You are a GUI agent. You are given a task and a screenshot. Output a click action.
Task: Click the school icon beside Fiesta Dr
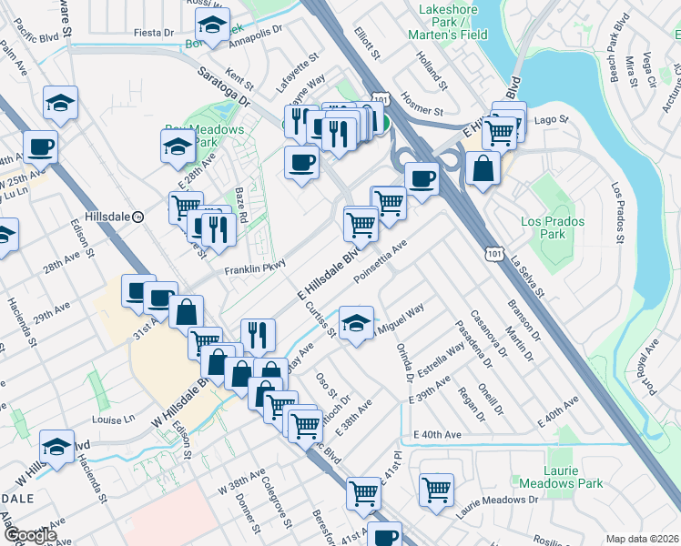point(212,26)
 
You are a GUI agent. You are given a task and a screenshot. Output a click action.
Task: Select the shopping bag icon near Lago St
point(483,168)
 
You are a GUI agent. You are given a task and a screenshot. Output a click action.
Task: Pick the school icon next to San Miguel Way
point(356,321)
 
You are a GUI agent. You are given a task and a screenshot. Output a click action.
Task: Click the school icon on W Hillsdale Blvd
point(56,447)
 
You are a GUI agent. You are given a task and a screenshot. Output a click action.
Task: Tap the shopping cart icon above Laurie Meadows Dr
point(437,489)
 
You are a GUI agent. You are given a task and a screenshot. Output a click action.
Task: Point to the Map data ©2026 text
point(642,539)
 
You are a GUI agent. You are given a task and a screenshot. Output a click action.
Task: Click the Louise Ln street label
point(113,420)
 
